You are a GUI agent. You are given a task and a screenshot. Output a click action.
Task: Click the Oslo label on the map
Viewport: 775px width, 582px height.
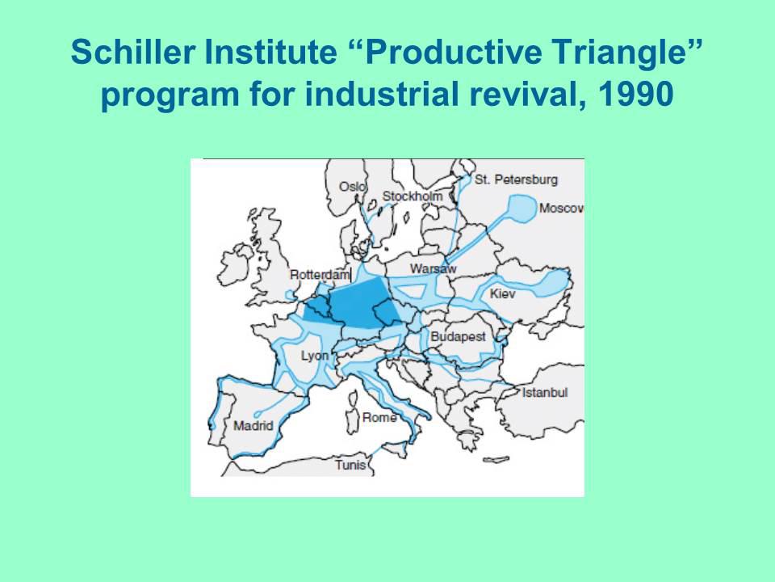(x=353, y=187)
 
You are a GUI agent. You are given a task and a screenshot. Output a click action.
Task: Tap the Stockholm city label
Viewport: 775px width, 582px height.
(x=413, y=196)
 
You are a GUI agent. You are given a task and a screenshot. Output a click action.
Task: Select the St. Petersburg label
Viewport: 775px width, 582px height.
(x=516, y=179)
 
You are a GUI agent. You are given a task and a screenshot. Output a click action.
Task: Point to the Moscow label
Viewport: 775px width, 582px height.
(x=562, y=209)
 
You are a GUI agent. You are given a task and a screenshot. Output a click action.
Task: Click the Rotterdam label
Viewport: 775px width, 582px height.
(x=320, y=275)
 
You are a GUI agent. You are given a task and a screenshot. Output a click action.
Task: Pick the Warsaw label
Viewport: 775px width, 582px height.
(x=433, y=268)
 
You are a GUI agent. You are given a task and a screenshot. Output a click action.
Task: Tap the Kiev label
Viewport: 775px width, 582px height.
(x=503, y=293)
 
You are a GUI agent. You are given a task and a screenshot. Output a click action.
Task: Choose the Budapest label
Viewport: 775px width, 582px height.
(x=459, y=337)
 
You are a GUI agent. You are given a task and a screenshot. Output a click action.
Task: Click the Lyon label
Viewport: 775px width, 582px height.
(x=315, y=356)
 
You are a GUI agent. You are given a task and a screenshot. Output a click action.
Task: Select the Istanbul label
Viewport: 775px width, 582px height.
(x=545, y=393)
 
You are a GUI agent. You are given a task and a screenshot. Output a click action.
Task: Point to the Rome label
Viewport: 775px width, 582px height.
(x=379, y=418)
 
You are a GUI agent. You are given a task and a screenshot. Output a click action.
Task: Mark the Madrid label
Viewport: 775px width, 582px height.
(x=253, y=426)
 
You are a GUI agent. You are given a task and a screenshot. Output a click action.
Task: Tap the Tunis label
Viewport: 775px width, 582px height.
(x=351, y=465)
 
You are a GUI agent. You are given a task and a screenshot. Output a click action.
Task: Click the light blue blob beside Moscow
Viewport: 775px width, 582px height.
(x=522, y=209)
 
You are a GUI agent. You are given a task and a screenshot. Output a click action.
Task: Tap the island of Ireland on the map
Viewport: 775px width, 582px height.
(x=237, y=264)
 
